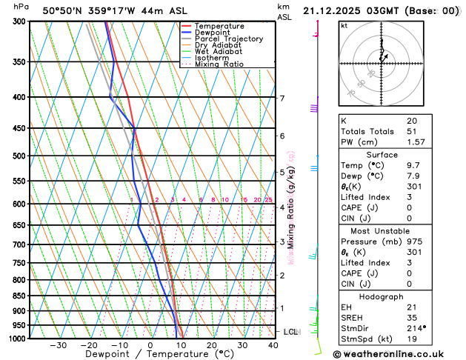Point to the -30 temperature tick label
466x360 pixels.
click(59, 345)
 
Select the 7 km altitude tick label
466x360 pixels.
click(282, 99)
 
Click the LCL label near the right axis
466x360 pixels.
click(290, 332)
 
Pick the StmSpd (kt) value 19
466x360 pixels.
click(411, 339)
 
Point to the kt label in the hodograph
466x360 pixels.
click(344, 26)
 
